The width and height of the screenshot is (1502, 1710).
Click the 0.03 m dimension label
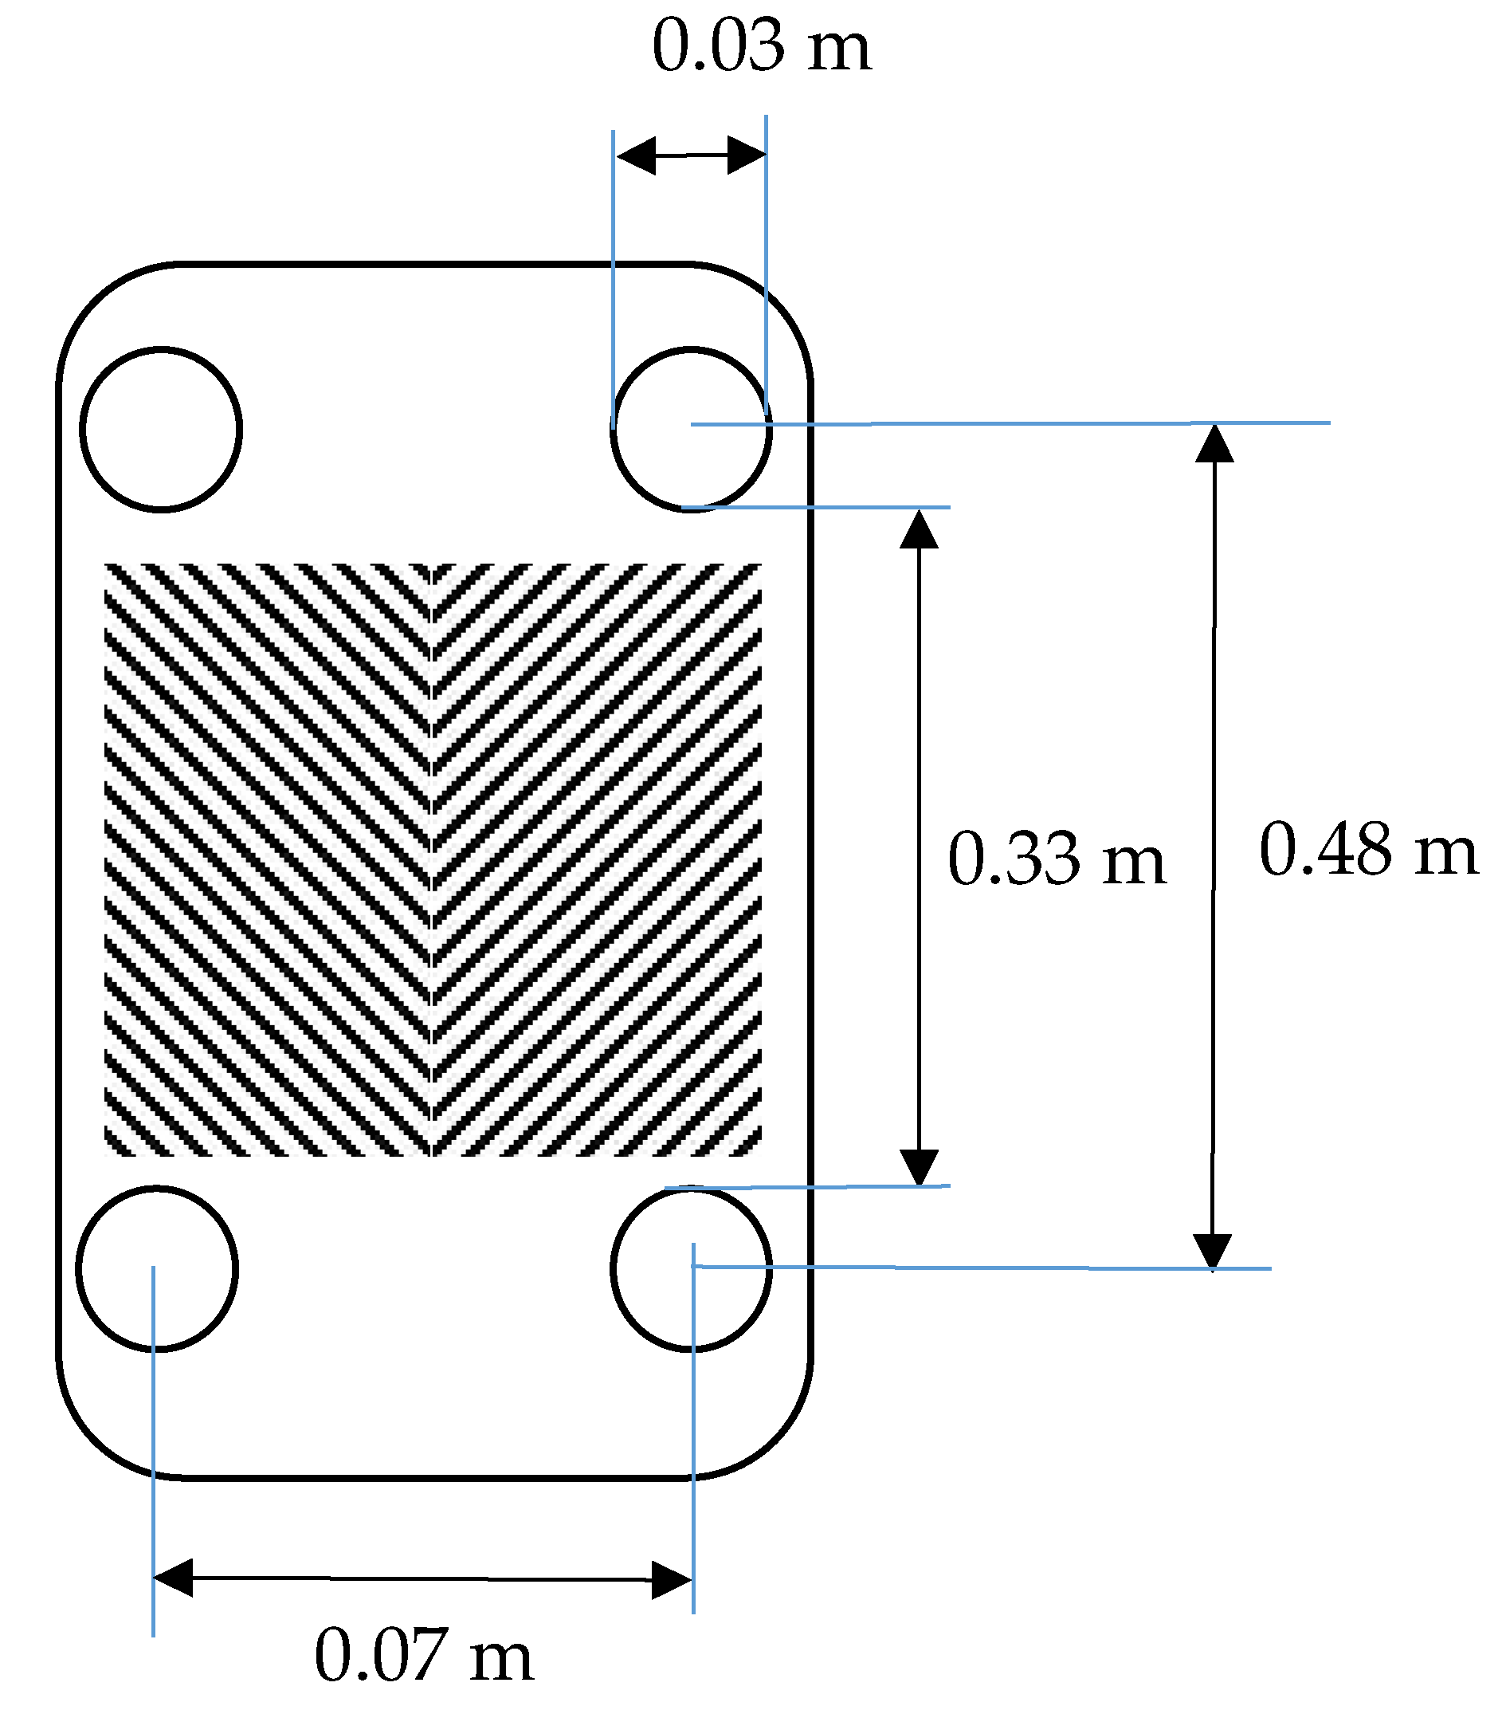[x=761, y=47]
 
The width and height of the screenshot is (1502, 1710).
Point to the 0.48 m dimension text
[x=1368, y=850]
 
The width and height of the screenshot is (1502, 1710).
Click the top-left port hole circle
[x=161, y=428]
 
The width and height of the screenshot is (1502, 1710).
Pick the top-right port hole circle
[x=691, y=429]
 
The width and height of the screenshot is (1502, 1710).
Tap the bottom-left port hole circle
[x=156, y=1268]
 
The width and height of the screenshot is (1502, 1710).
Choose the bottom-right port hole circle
[x=691, y=1268]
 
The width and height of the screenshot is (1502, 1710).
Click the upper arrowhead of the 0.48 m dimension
[x=1214, y=443]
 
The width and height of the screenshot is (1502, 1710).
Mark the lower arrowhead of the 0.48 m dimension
[x=1212, y=1252]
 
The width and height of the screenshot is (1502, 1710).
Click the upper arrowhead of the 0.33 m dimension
[x=918, y=529]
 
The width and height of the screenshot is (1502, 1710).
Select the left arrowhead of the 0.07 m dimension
[x=174, y=1578]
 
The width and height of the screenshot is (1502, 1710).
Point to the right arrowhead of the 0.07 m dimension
[x=672, y=1579]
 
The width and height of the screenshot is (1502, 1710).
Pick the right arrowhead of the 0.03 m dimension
[x=747, y=155]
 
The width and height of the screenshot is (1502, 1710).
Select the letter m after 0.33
[x=1132, y=861]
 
